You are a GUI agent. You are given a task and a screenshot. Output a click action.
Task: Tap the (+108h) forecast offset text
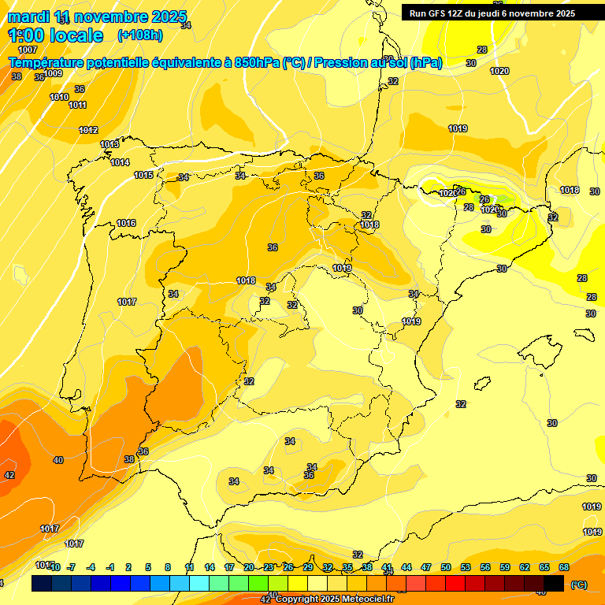139,35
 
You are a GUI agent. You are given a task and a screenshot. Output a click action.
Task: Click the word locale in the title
75,35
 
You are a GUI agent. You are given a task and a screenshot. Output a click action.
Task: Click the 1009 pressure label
53,73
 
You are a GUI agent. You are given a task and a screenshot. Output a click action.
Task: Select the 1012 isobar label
88,130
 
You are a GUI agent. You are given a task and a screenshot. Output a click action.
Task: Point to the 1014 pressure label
120,162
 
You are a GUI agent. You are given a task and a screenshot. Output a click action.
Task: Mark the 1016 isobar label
126,223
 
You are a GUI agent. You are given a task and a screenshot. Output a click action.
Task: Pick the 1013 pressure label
109,144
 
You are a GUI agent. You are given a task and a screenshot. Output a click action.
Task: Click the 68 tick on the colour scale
564,567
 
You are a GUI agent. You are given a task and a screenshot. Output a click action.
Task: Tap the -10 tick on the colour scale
54,567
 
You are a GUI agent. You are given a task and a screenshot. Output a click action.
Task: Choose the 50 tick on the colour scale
446,567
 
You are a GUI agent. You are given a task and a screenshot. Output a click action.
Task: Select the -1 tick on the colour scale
109,567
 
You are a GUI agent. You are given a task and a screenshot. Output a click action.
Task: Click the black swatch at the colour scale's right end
554,583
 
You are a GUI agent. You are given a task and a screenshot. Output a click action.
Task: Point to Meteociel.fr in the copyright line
367,599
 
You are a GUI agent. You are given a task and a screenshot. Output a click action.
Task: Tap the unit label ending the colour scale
578,585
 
